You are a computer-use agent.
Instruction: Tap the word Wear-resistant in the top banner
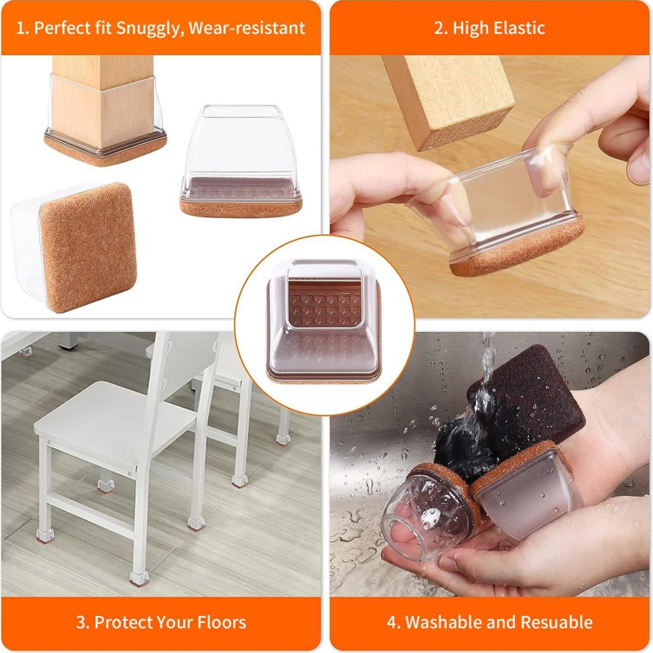[x=246, y=28]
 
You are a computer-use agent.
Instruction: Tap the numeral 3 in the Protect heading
[x=80, y=622]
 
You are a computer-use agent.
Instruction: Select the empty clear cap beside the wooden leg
[x=241, y=160]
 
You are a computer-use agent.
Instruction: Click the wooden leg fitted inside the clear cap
[x=103, y=100]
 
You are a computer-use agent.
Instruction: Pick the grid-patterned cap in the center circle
[x=324, y=321]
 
